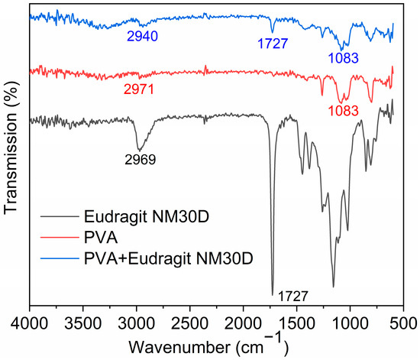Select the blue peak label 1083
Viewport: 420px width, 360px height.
pyautogui.click(x=344, y=57)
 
